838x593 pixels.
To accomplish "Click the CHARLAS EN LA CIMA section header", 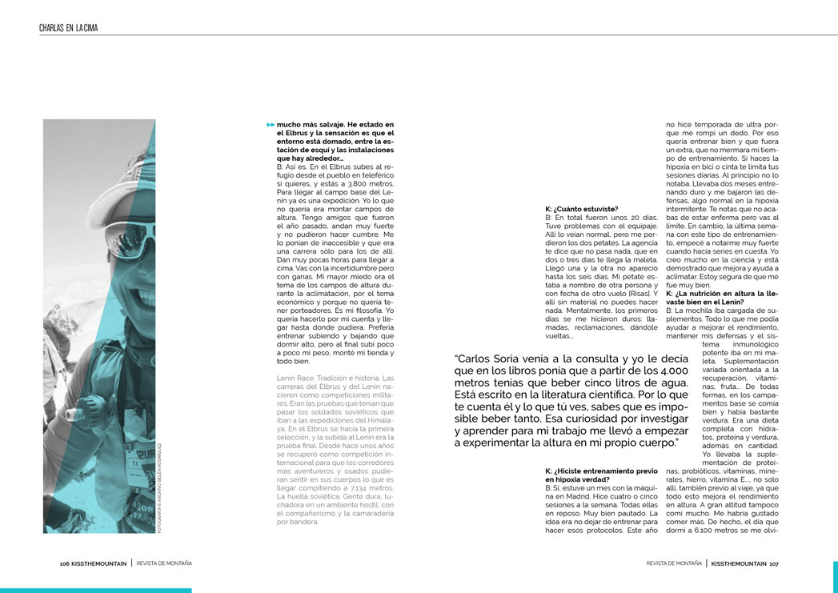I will (68, 28).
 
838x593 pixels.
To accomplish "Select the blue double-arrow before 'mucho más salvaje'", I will (271, 126).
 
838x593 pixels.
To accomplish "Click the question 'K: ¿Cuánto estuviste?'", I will (581, 208).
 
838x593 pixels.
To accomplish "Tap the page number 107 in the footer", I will (774, 563).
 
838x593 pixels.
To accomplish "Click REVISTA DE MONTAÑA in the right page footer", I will (674, 563).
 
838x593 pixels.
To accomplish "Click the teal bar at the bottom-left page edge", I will (95, 590).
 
